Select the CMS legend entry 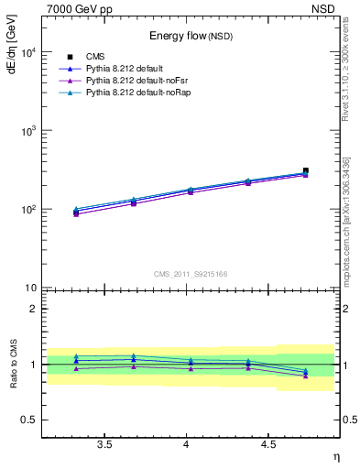pos(97,56)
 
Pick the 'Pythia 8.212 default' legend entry pos(125,69)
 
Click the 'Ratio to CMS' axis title pos(12,364)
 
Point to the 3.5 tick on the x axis pos(105,444)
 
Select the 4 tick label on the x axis pos(187,444)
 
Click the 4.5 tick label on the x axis pos(268,444)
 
